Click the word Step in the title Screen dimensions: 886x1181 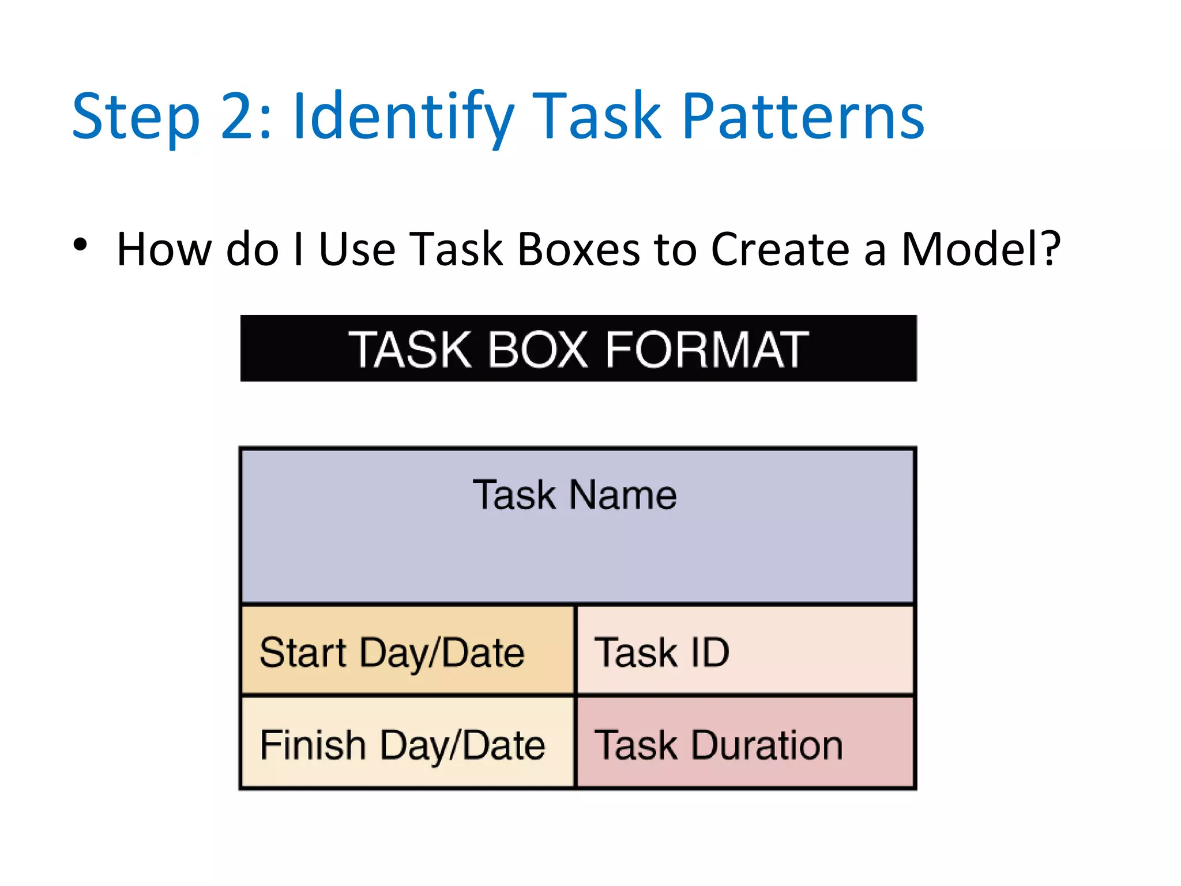click(136, 118)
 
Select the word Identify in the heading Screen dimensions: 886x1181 click(403, 118)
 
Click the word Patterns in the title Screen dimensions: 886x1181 click(803, 118)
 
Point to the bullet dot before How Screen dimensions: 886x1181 click(80, 245)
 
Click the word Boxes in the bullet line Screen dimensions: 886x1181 click(578, 249)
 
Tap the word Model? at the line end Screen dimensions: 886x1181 click(980, 249)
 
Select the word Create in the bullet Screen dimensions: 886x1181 click(780, 249)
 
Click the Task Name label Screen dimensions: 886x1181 click(574, 495)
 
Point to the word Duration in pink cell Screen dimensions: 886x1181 click(767, 745)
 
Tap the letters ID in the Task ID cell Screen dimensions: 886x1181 click(709, 652)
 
